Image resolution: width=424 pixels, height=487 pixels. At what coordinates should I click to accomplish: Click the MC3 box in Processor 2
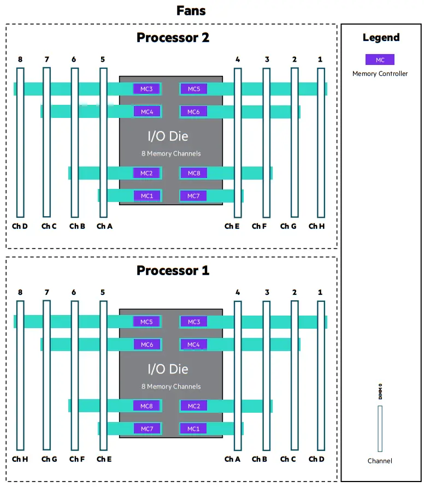coord(147,89)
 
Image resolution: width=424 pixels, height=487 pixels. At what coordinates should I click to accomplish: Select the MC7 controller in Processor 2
coord(193,196)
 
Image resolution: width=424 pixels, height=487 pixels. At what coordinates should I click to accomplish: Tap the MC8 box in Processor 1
coord(147,406)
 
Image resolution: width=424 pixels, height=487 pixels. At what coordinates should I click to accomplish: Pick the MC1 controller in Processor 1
coord(193,429)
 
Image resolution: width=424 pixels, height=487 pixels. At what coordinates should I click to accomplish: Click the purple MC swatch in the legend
coord(380,60)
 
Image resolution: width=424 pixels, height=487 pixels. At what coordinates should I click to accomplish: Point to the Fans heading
coord(191,10)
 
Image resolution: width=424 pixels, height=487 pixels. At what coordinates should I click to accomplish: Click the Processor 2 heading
coord(173,38)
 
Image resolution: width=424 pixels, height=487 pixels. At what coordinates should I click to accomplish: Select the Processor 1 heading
coord(173,271)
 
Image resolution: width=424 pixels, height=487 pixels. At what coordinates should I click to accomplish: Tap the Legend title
coord(381,38)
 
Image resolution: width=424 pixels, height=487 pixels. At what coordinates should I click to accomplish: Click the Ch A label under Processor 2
coord(104,226)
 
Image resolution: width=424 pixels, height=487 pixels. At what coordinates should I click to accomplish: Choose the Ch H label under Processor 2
coord(316,226)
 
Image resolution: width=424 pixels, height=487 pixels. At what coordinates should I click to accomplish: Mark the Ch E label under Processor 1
coord(104,459)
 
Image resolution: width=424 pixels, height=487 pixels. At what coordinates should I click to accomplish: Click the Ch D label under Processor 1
coord(316,459)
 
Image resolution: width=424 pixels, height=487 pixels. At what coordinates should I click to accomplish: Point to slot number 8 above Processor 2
coord(20,60)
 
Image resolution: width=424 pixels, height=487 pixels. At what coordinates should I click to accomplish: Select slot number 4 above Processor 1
coord(238,293)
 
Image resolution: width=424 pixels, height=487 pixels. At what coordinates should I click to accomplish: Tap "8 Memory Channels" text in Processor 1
coord(171,387)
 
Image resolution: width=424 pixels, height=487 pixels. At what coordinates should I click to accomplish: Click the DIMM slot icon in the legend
coord(380,428)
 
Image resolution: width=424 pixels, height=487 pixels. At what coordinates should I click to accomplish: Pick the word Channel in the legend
coord(380,461)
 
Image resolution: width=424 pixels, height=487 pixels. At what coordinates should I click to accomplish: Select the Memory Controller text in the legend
coord(380,74)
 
